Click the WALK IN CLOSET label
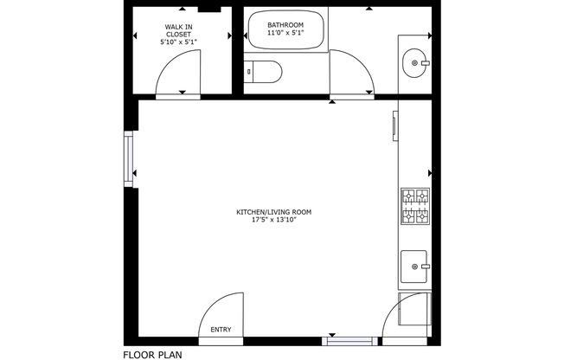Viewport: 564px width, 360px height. click(178, 30)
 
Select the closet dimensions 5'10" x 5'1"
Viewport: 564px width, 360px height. click(178, 42)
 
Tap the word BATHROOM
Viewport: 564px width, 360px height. click(285, 25)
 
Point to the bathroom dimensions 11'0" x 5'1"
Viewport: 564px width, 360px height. click(285, 33)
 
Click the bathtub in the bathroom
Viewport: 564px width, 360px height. click(285, 31)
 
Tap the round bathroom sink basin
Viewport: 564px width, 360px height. click(414, 61)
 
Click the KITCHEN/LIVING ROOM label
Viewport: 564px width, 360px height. click(274, 212)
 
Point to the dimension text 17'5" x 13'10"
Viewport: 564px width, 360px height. click(274, 220)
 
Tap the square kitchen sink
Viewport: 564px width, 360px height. click(414, 267)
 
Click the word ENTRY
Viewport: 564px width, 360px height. click(221, 329)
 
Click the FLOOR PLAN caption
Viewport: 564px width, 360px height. click(152, 353)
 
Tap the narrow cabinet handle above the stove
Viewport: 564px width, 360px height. click(394, 125)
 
